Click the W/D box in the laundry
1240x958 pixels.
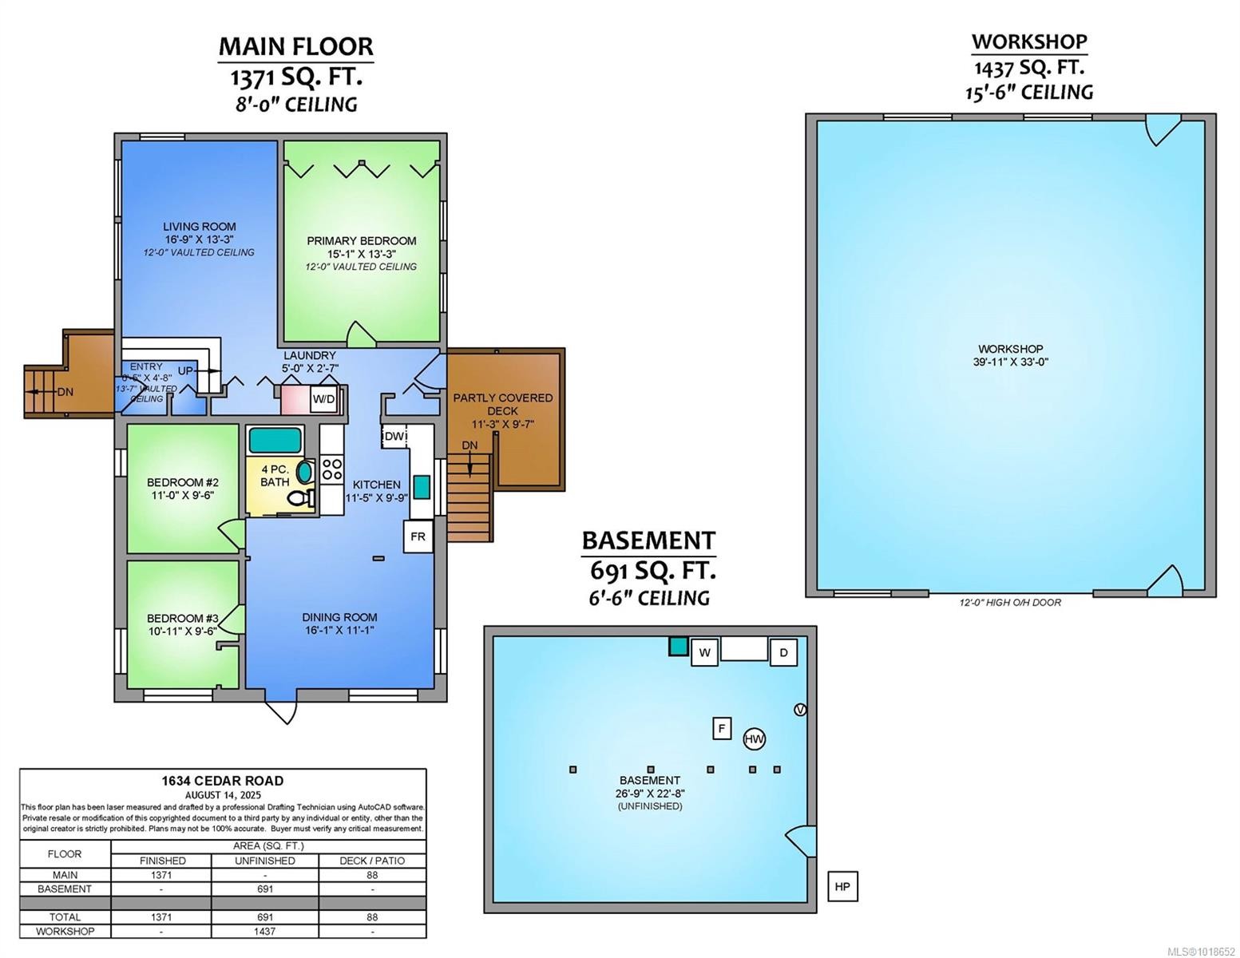pyautogui.click(x=323, y=398)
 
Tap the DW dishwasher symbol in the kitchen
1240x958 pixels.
pyautogui.click(x=394, y=436)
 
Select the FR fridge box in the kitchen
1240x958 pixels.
pyautogui.click(x=418, y=536)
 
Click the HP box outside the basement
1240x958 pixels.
pyautogui.click(x=842, y=886)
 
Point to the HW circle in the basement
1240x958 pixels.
pyautogui.click(x=754, y=739)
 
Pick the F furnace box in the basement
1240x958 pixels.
pyautogui.click(x=722, y=728)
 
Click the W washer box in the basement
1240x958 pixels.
pyautogui.click(x=704, y=652)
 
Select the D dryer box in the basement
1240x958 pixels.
pyautogui.click(x=783, y=652)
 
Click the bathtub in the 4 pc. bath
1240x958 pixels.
pyautogui.click(x=275, y=440)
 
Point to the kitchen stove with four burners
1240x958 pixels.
pyautogui.click(x=331, y=469)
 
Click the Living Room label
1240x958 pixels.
pyautogui.click(x=199, y=227)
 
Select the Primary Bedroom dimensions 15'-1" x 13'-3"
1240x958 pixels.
pyautogui.click(x=362, y=254)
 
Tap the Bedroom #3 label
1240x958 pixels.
pyautogui.click(x=182, y=618)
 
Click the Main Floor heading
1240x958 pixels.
pyautogui.click(x=295, y=46)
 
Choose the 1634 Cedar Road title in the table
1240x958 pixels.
pyautogui.click(x=222, y=781)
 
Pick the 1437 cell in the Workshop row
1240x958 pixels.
pyautogui.click(x=264, y=931)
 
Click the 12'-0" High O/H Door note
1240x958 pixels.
pyautogui.click(x=1010, y=603)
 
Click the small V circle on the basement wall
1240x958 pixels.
pyautogui.click(x=801, y=710)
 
